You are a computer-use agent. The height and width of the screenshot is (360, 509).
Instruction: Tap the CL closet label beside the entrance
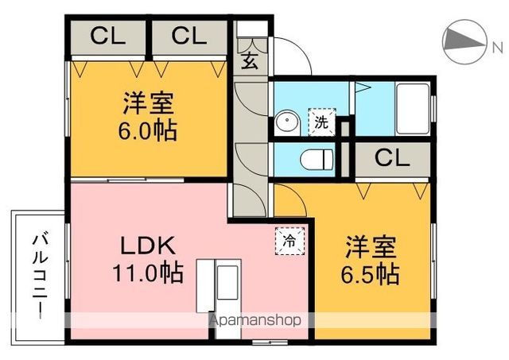[x=189, y=37]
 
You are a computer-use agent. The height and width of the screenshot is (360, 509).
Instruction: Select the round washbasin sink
[x=286, y=124]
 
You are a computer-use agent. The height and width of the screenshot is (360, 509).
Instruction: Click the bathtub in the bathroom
[x=413, y=110]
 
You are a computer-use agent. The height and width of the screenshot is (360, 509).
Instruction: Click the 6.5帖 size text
[x=371, y=274]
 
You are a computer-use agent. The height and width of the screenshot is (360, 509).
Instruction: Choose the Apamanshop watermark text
[x=254, y=321]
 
